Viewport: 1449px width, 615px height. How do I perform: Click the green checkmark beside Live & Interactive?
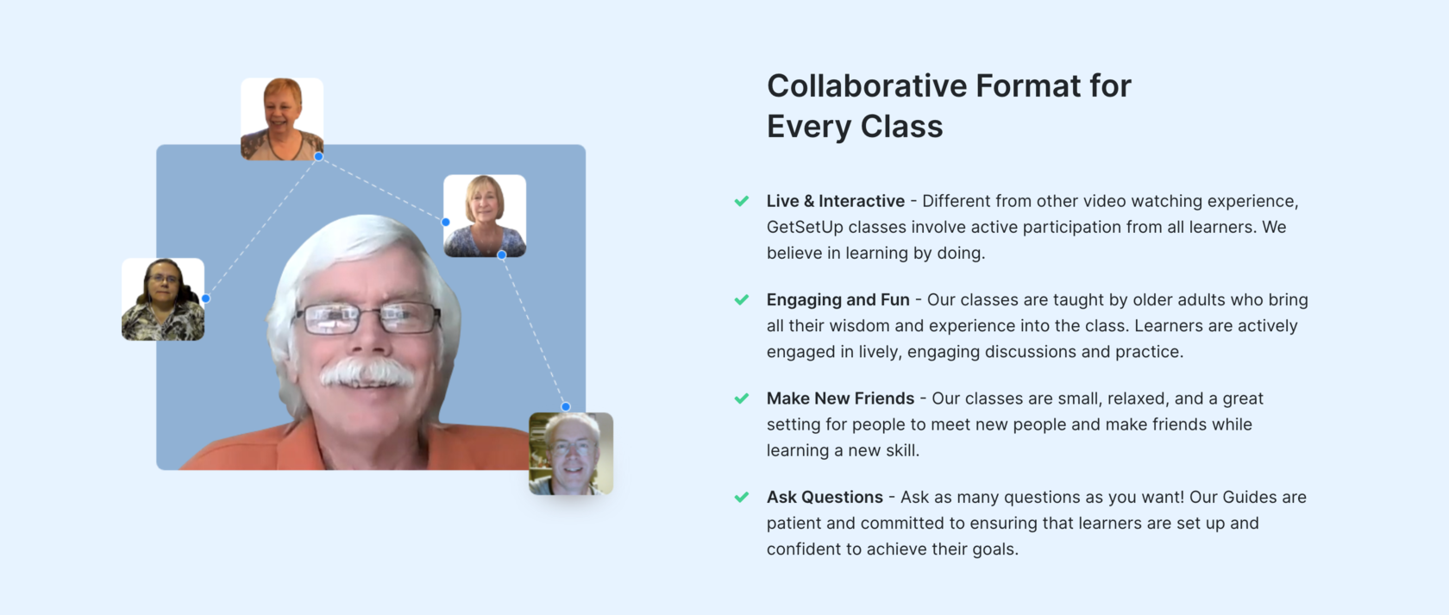tap(742, 201)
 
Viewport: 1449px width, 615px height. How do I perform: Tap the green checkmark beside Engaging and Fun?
tap(742, 300)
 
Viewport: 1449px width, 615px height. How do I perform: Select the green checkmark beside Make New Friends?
tap(742, 398)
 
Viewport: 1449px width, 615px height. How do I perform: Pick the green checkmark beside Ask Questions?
tap(742, 498)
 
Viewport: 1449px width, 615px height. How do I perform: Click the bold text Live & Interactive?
tap(836, 201)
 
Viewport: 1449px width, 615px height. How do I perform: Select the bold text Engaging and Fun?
tap(838, 300)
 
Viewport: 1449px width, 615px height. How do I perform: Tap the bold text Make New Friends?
tap(840, 398)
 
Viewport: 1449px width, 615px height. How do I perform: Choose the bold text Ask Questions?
tap(825, 498)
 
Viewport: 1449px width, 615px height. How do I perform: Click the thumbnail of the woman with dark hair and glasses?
tap(163, 299)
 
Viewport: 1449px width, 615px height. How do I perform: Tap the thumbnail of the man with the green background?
tap(571, 454)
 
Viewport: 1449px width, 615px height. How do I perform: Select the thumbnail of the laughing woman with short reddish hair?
tap(282, 119)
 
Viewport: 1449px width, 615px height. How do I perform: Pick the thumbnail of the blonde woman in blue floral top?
tap(485, 216)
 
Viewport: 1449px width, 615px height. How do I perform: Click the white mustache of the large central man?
tap(367, 373)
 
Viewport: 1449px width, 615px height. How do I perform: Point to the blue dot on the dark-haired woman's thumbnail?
tap(205, 298)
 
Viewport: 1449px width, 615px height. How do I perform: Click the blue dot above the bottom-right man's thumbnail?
tap(566, 407)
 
